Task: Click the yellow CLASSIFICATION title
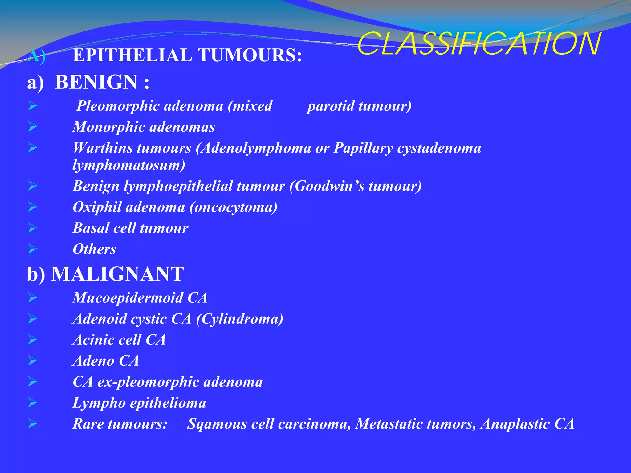point(479,44)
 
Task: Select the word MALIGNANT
point(117,274)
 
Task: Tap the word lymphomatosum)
point(129,165)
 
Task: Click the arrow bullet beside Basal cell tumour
point(32,228)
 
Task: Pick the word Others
point(94,249)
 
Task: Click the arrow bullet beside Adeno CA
point(32,360)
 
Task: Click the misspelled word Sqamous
point(217,424)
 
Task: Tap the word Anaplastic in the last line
point(515,424)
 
